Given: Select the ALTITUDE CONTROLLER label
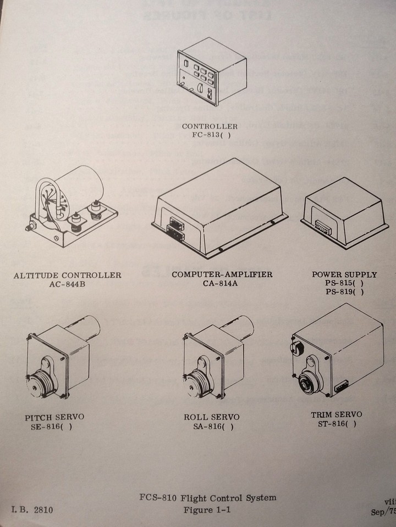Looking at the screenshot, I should [x=68, y=275].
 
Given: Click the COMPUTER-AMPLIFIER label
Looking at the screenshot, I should [x=222, y=274].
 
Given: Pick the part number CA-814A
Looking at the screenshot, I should [x=222, y=283].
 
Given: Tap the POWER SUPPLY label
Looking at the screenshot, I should [x=344, y=274].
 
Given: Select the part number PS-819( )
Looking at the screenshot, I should [x=344, y=291].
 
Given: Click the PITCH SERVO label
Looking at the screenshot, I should [x=54, y=418].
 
